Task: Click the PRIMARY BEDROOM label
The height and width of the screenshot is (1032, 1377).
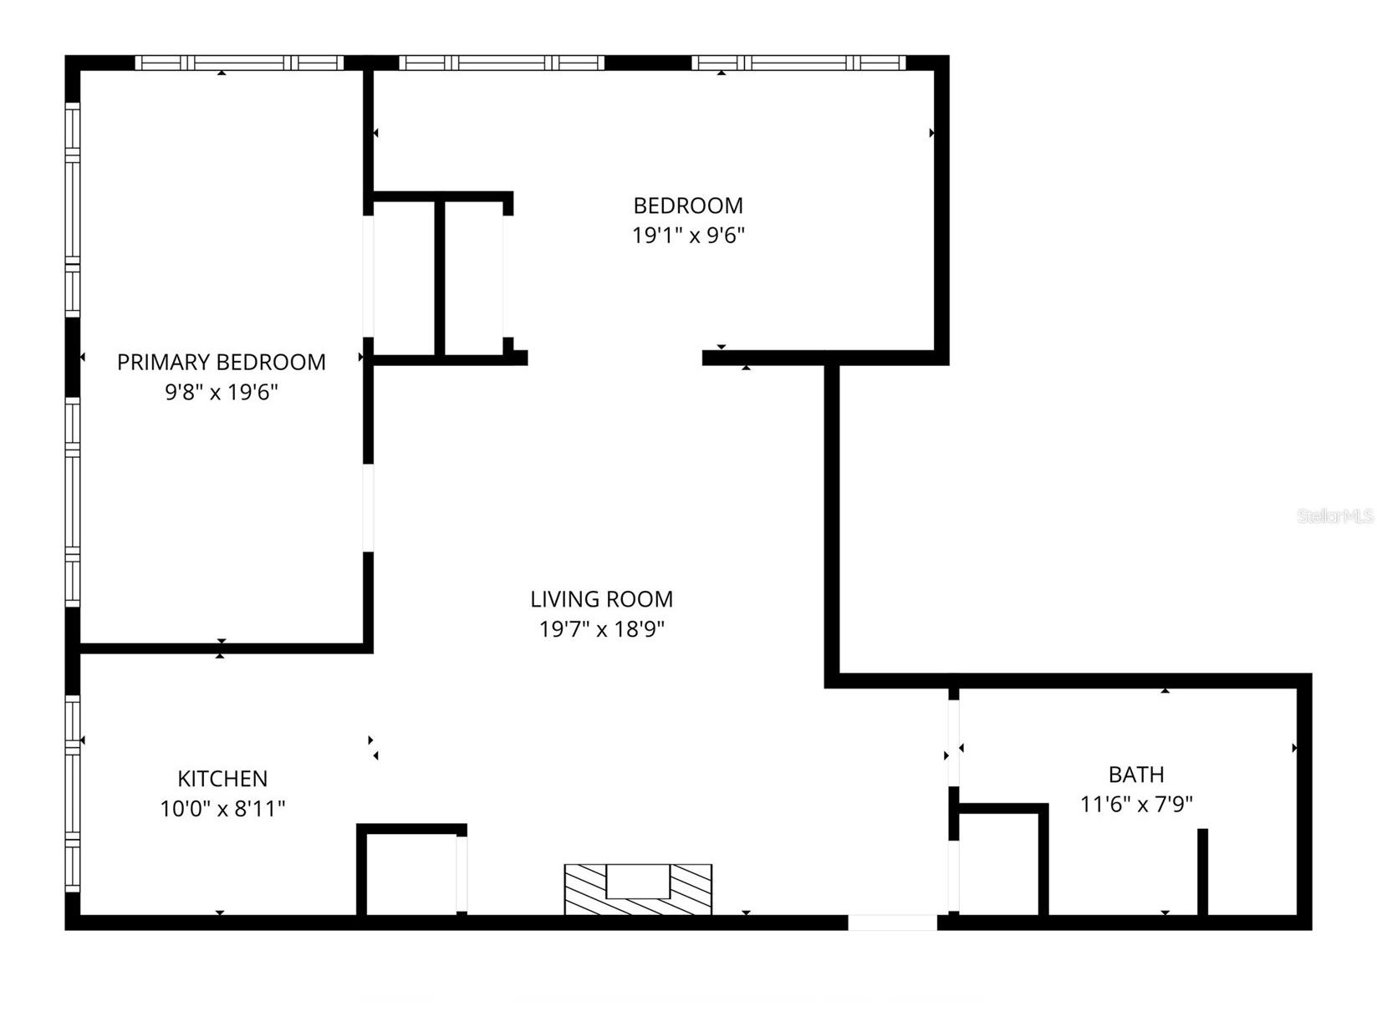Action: (x=221, y=362)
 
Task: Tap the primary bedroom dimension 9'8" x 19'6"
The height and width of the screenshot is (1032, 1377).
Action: (x=221, y=392)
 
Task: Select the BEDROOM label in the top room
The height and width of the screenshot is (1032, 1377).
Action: (x=687, y=206)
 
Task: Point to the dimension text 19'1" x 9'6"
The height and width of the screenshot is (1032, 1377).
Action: (x=687, y=236)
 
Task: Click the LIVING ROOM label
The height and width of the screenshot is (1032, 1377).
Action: (x=601, y=599)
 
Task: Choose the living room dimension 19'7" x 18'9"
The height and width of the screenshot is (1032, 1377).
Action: (x=601, y=629)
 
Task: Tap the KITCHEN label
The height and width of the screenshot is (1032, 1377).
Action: (x=222, y=779)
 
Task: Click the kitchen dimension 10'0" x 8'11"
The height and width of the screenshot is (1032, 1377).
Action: (x=222, y=809)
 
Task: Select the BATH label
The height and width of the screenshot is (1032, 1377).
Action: (x=1135, y=775)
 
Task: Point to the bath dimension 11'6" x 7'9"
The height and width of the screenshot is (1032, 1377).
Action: (x=1135, y=805)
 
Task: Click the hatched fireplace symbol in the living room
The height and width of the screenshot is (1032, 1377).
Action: (x=638, y=889)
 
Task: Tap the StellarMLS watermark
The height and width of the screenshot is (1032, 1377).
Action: (x=1335, y=516)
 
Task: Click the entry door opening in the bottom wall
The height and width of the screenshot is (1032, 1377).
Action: (x=892, y=923)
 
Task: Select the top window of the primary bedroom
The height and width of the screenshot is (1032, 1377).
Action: (x=239, y=63)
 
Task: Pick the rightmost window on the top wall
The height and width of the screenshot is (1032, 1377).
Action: (x=798, y=63)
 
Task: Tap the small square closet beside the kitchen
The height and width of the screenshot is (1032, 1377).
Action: (x=411, y=874)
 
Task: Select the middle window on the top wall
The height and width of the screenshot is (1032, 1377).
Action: (x=501, y=63)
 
